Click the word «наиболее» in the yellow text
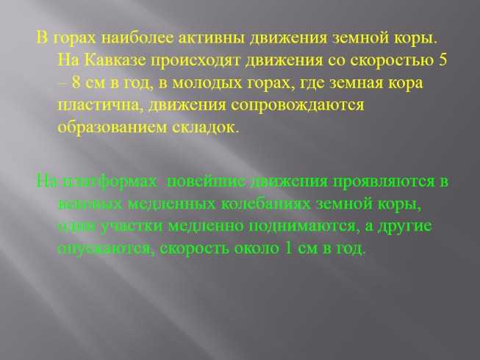[137, 39]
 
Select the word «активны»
[212, 39]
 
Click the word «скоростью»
[393, 61]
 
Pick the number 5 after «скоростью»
[443, 60]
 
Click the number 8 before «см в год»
[76, 82]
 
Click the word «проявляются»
[384, 181]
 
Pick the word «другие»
[405, 226]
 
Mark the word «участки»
[132, 226]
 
